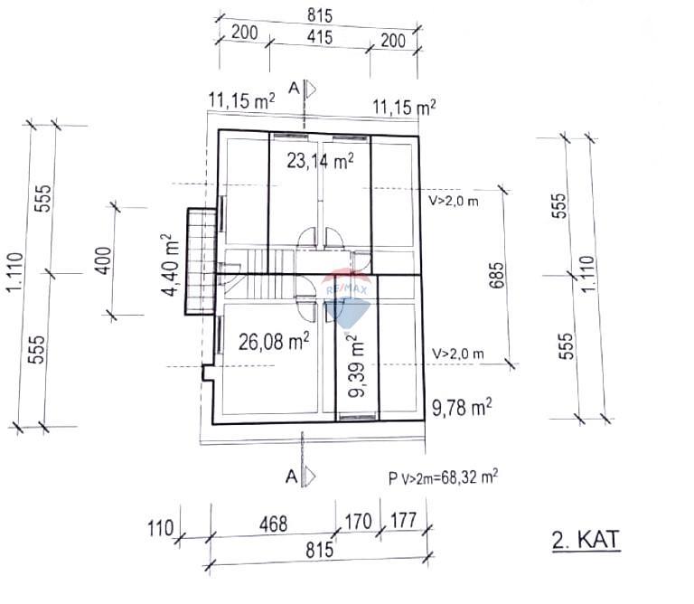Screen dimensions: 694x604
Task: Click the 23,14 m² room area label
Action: click(320, 161)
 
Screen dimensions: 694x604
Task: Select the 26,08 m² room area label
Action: click(274, 341)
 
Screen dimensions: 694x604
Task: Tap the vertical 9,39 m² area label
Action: click(356, 366)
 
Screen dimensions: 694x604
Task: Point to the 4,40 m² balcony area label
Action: click(171, 265)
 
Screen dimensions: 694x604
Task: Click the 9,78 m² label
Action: click(462, 408)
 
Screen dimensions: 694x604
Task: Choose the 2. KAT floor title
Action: click(586, 540)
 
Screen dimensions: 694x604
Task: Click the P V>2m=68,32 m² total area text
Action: click(443, 477)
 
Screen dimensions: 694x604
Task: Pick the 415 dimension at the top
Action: click(320, 37)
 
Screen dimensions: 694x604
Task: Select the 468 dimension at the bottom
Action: click(273, 524)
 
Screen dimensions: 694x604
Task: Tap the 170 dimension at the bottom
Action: click(358, 522)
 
